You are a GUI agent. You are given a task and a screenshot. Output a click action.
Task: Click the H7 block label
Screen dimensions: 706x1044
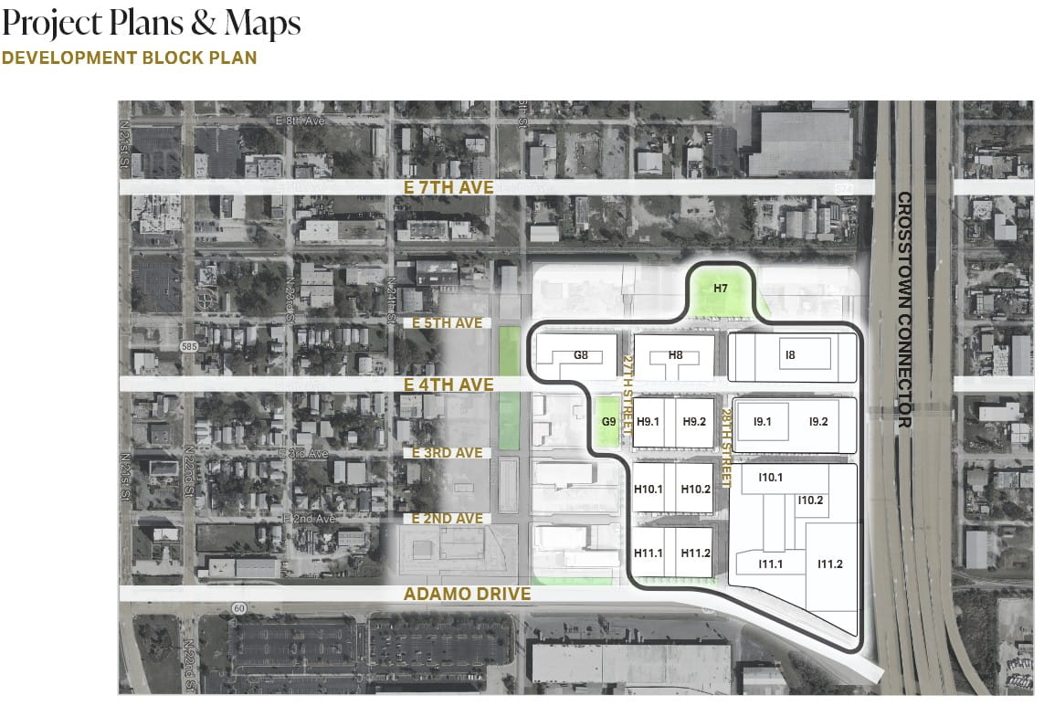pos(721,289)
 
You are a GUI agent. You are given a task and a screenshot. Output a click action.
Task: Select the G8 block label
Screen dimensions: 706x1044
pos(580,355)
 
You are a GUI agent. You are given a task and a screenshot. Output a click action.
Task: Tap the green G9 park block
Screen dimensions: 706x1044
pos(608,422)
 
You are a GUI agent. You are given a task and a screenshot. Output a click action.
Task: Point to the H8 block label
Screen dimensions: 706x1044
pos(675,355)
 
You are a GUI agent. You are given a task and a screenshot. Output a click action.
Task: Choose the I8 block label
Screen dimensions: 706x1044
pos(790,354)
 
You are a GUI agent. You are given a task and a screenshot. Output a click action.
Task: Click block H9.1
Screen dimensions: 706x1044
pos(649,422)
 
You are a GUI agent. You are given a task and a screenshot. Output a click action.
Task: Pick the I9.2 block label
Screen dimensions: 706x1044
pos(818,422)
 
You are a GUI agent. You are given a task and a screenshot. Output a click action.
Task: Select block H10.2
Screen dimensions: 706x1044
pos(695,490)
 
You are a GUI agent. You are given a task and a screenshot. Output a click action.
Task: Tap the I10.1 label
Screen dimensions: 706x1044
pos(771,478)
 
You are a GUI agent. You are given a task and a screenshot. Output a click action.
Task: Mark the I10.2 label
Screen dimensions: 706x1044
pos(810,500)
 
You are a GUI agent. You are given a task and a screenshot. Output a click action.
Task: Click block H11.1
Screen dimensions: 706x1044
pos(649,553)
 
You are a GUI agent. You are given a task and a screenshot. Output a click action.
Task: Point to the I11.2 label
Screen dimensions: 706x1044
pos(830,564)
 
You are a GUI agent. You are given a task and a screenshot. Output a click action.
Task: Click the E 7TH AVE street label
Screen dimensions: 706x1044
pos(448,187)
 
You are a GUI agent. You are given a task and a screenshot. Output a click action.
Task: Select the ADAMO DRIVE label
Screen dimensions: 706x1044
pos(468,594)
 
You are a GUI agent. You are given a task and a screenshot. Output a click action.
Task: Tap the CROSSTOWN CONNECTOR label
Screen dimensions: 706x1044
pos(904,311)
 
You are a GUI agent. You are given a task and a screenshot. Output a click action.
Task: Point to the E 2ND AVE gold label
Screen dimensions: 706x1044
pos(447,519)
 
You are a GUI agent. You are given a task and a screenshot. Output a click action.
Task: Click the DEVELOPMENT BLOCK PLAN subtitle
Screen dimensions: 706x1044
pos(129,58)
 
